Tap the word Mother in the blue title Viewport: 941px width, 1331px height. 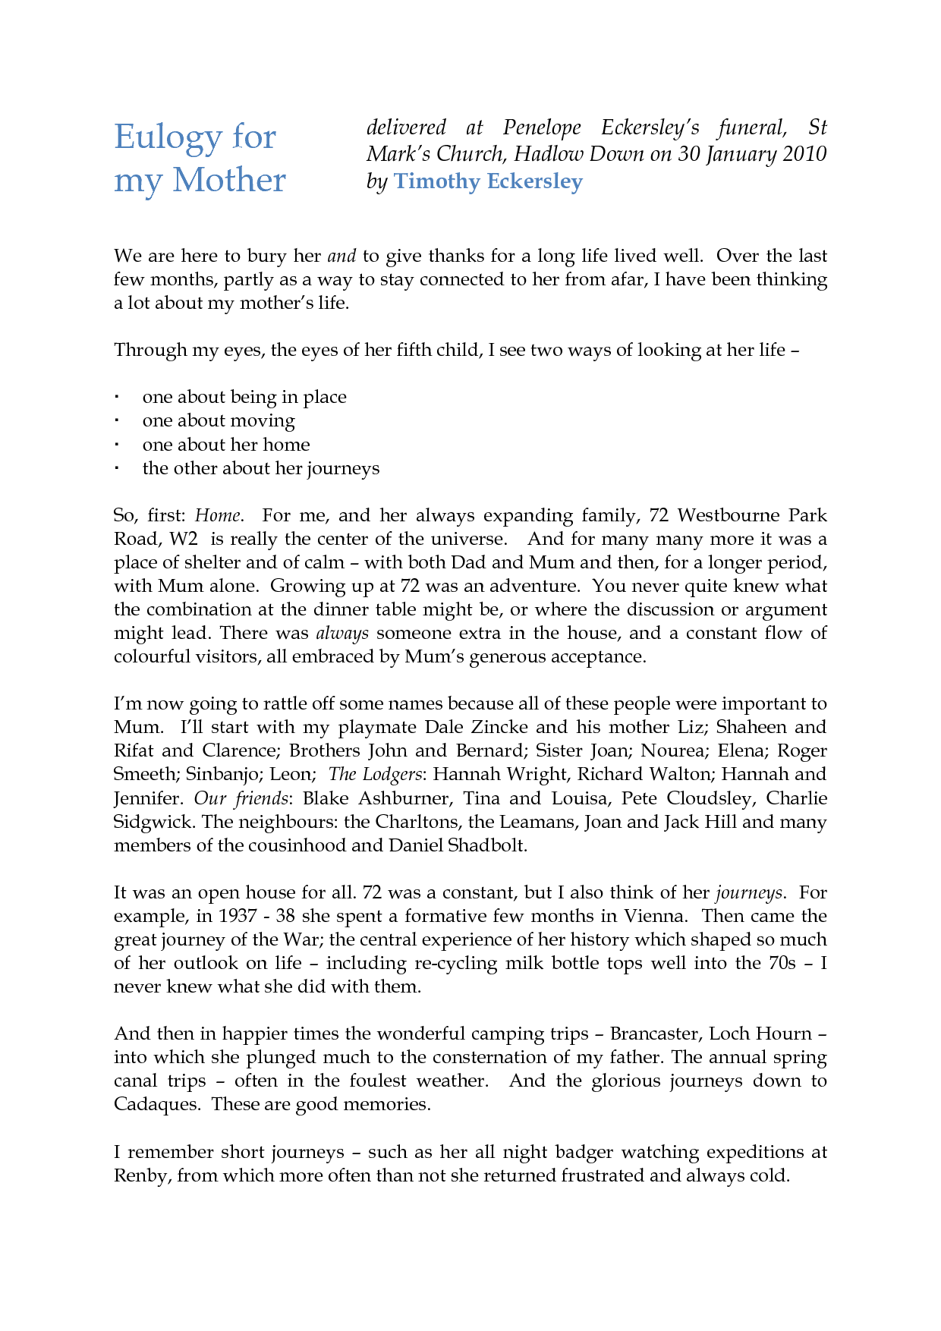tap(228, 181)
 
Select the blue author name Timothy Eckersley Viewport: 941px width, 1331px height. tap(488, 181)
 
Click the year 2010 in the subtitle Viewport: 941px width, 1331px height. tap(804, 154)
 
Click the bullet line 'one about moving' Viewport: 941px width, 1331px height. tap(219, 420)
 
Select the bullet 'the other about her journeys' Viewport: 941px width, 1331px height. tap(260, 468)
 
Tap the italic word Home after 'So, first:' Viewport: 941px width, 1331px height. tap(218, 516)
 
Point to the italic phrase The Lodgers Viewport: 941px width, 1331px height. tap(375, 775)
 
